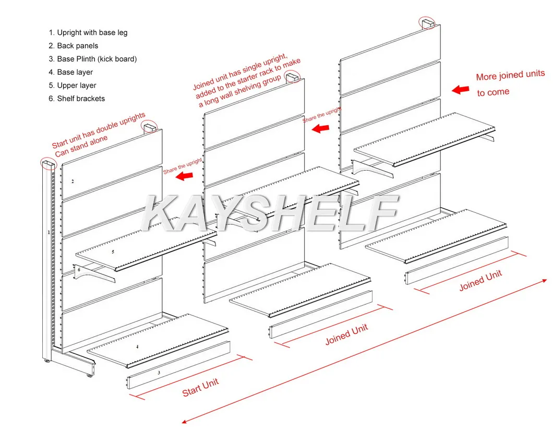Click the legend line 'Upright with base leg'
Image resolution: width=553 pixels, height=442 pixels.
[x=88, y=32]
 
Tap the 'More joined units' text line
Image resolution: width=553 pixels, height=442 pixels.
[x=510, y=76]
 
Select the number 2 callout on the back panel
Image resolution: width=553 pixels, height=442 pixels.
[x=73, y=182]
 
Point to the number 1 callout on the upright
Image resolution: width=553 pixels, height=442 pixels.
[x=49, y=232]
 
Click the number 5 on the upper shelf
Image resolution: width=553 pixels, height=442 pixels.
[x=112, y=252]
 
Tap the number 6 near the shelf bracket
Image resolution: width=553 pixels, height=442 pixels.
[x=79, y=270]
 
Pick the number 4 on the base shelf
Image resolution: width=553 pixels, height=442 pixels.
[x=137, y=347]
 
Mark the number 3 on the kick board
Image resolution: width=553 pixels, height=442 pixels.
[x=159, y=373]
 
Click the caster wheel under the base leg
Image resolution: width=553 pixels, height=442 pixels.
[x=90, y=374]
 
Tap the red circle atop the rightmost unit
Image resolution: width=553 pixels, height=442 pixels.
[x=427, y=22]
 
